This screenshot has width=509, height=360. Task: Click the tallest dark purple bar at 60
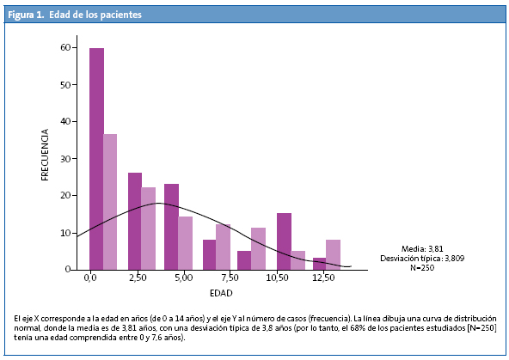[96, 159]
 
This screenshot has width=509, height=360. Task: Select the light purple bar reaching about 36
[110, 202]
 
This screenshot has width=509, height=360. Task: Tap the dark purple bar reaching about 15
[284, 241]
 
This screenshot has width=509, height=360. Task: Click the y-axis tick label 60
[65, 48]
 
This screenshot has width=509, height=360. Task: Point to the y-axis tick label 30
[65, 159]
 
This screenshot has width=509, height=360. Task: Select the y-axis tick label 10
[65, 233]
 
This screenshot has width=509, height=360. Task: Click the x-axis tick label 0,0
[92, 279]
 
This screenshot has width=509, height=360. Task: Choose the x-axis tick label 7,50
[230, 279]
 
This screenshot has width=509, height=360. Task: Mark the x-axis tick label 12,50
[323, 279]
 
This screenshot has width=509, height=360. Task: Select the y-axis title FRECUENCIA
[45, 155]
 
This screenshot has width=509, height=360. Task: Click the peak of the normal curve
[159, 204]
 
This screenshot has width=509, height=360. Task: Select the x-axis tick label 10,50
[277, 279]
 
